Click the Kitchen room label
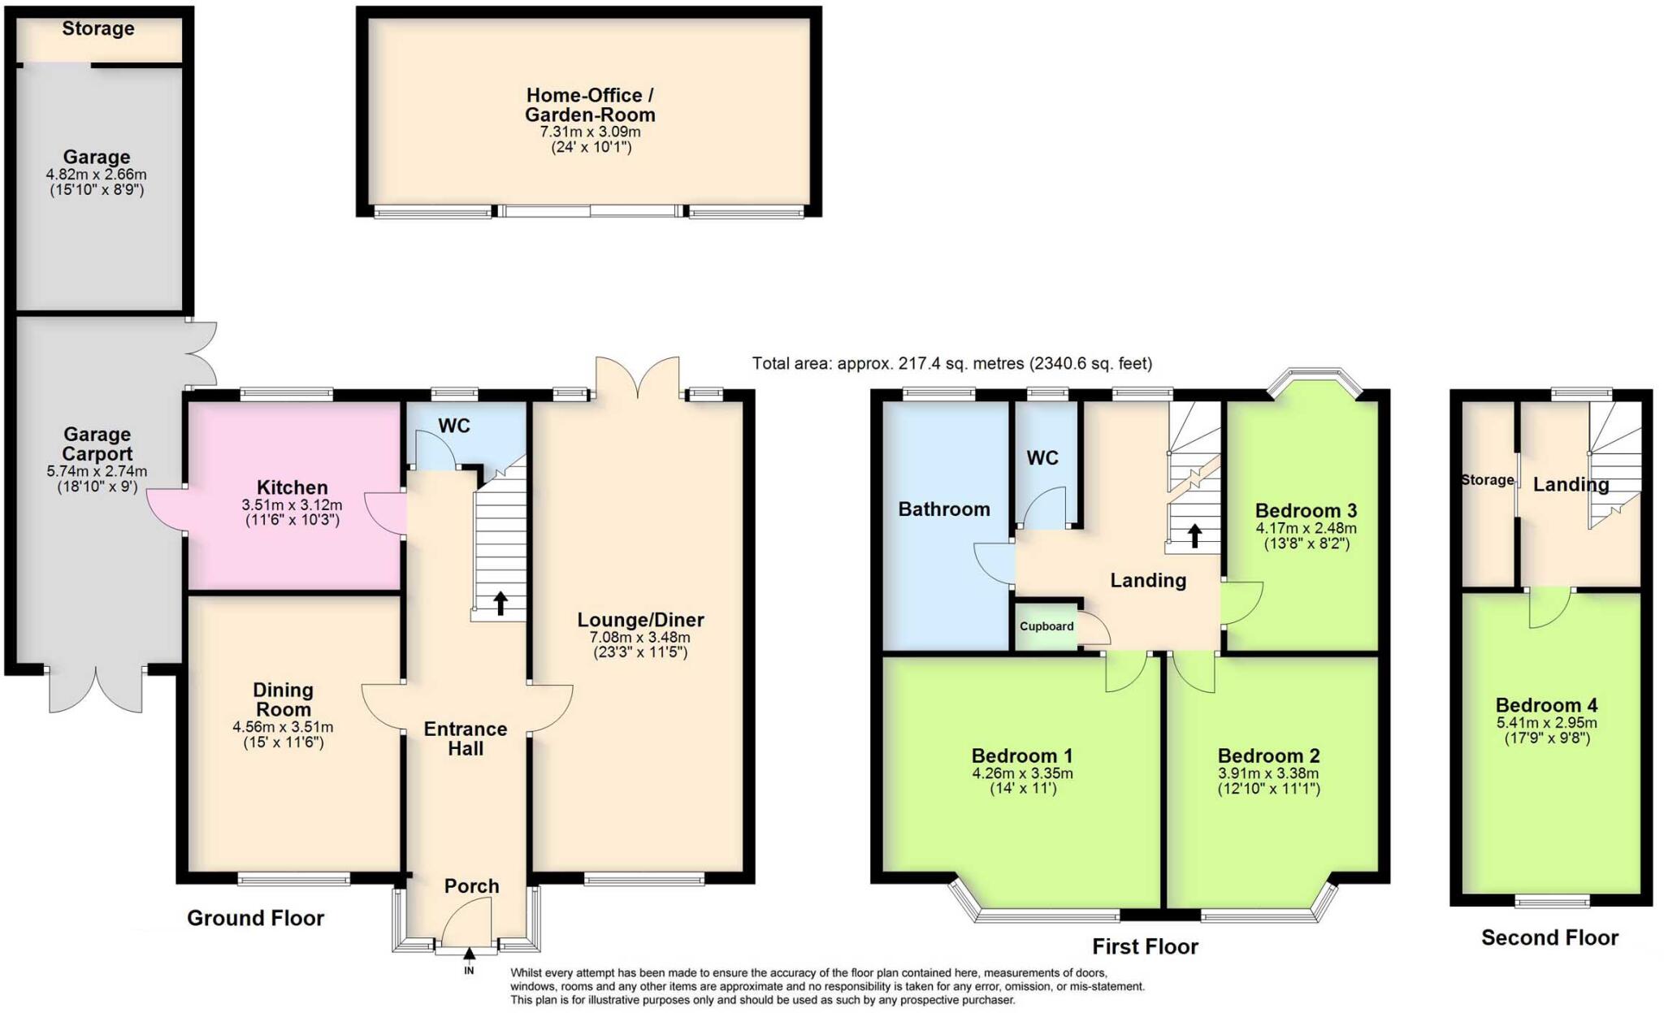[292, 487]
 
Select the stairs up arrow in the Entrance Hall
[500, 603]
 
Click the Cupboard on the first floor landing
[1046, 626]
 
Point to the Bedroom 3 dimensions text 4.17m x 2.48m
[1306, 528]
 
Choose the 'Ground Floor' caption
[255, 918]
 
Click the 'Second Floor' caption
[1549, 937]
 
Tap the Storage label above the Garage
[98, 29]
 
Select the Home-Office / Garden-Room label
[589, 105]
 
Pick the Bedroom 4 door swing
[1549, 608]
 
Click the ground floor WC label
[453, 426]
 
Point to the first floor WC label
[1042, 458]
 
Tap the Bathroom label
[943, 509]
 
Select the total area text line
[951, 364]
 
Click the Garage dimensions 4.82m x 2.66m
[96, 175]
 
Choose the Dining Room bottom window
[294, 879]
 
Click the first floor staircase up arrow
[1194, 536]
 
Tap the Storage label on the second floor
[1487, 480]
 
